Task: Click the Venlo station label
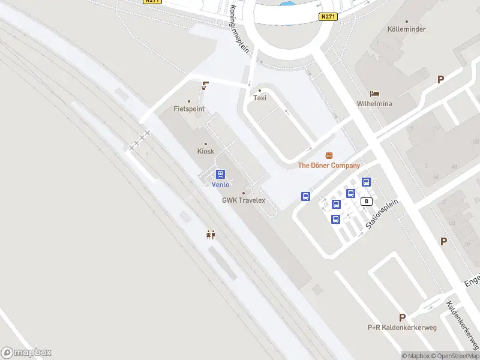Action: click(221, 185)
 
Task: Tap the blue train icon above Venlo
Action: click(221, 175)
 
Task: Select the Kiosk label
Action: click(206, 151)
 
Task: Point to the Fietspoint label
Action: click(189, 109)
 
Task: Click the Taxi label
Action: click(260, 98)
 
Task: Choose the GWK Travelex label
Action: click(244, 200)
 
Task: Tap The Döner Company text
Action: click(329, 166)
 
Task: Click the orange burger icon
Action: click(329, 155)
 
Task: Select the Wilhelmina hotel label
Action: click(374, 103)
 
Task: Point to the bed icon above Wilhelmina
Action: click(374, 94)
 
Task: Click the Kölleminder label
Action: click(406, 29)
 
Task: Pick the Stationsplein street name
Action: click(383, 214)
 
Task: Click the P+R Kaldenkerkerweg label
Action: click(402, 328)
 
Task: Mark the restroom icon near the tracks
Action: click(211, 235)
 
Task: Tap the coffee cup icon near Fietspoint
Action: click(205, 85)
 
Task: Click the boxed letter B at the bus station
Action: click(366, 202)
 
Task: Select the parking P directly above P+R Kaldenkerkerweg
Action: click(402, 317)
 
